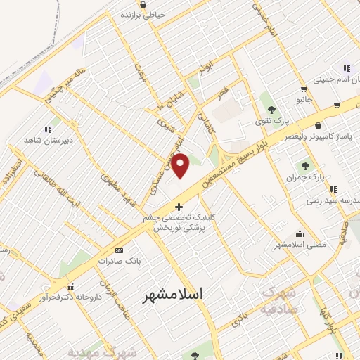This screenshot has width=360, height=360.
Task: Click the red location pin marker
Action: (x=181, y=165)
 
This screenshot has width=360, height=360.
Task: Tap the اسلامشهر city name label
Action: (x=172, y=295)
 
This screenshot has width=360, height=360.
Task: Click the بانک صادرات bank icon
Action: (x=118, y=250)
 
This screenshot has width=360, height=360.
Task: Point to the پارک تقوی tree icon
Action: (x=271, y=109)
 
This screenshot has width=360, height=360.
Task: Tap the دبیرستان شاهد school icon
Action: (x=48, y=129)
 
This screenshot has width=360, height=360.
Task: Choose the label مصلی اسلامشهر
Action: (x=300, y=245)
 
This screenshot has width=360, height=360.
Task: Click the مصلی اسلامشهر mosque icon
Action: (x=300, y=234)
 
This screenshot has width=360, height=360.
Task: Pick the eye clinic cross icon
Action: (x=179, y=207)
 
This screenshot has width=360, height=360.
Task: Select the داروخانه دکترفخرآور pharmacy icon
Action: (x=70, y=287)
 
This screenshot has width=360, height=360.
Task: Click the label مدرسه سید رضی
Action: (x=328, y=200)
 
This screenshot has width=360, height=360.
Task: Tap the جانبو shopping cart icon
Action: (x=303, y=89)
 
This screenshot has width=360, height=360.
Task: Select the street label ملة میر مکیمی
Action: (x=67, y=86)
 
